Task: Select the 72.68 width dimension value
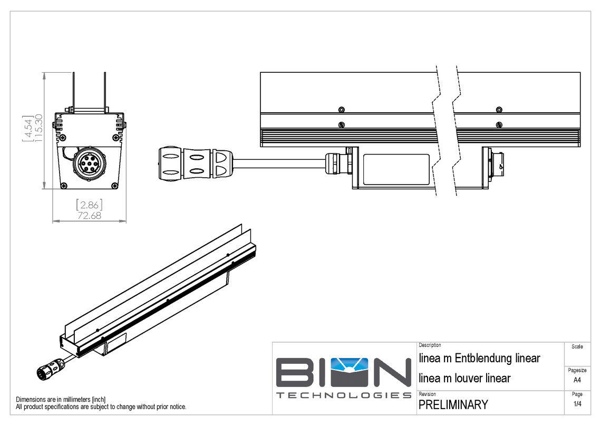(90, 215)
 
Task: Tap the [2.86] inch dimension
(90, 205)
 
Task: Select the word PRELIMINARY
(453, 405)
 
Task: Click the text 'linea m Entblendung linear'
(479, 359)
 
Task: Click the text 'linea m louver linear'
(464, 378)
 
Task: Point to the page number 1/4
(577, 404)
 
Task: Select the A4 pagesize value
(577, 380)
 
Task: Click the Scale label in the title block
(577, 346)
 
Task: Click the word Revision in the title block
(427, 394)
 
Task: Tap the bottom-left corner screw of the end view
(64, 185)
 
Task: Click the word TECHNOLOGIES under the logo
(344, 395)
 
